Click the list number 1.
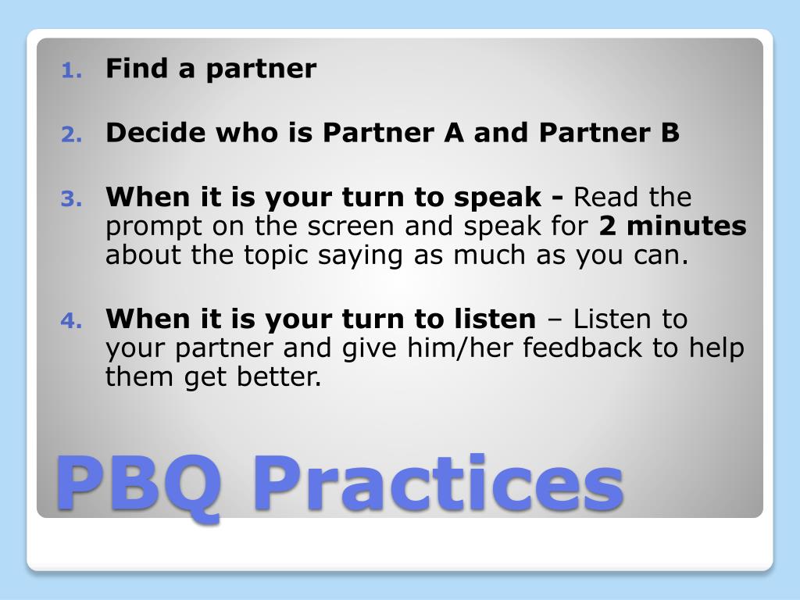point(71,70)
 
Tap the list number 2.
point(71,134)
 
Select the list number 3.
point(71,199)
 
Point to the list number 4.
point(71,321)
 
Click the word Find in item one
point(137,68)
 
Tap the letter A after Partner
point(454,133)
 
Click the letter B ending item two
point(670,133)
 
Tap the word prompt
point(154,227)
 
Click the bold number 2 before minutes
point(607,226)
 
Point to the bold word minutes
point(687,226)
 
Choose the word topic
point(276,255)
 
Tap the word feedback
point(582,348)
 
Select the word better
point(279,377)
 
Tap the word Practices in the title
point(439,482)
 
